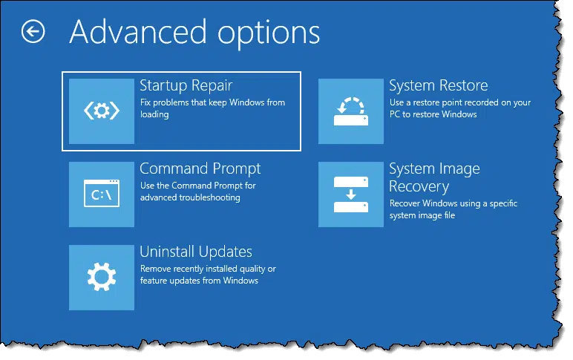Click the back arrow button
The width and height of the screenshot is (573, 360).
click(x=33, y=31)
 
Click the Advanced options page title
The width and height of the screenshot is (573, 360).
click(x=194, y=33)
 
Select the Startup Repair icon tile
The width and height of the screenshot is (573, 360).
click(x=102, y=111)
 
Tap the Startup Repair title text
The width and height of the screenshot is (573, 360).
click(x=186, y=86)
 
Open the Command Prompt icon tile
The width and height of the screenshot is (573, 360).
click(x=102, y=194)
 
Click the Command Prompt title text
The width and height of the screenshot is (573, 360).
click(x=200, y=168)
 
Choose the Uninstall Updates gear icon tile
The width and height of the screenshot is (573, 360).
click(x=102, y=278)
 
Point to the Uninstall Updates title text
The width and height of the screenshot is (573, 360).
click(x=196, y=252)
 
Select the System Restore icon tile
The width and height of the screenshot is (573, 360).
click(x=351, y=111)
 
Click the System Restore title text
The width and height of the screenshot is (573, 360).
click(x=439, y=86)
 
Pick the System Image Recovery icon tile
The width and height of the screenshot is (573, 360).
click(x=351, y=194)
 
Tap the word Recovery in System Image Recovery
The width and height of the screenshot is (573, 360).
click(x=419, y=187)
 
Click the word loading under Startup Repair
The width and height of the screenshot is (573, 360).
click(x=154, y=115)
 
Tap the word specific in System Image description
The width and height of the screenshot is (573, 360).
click(x=503, y=204)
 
